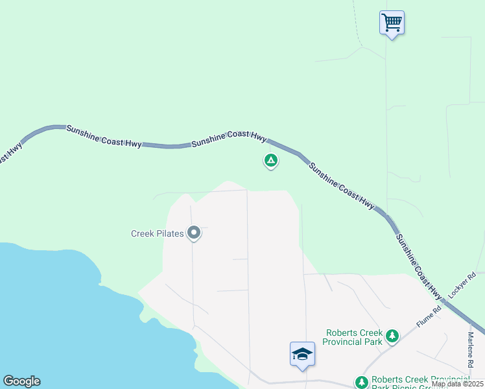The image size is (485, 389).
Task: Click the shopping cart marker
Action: (x=392, y=23)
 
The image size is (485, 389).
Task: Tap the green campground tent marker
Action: (x=271, y=160)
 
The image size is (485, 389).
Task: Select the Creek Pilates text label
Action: (x=157, y=233)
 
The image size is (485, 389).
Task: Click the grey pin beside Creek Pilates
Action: (x=193, y=232)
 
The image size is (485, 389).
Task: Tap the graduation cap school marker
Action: (x=302, y=354)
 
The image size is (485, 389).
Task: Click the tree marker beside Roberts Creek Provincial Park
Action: (x=392, y=336)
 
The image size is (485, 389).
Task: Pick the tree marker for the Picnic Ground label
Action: (x=361, y=382)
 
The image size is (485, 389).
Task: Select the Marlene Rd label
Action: (x=471, y=348)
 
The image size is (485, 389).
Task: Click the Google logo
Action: (x=21, y=381)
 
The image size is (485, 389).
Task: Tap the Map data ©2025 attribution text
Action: (x=458, y=384)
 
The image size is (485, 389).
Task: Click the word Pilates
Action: (x=170, y=233)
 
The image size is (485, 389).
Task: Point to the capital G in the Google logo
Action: (x=8, y=381)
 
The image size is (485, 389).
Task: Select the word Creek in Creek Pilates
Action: (x=143, y=233)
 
